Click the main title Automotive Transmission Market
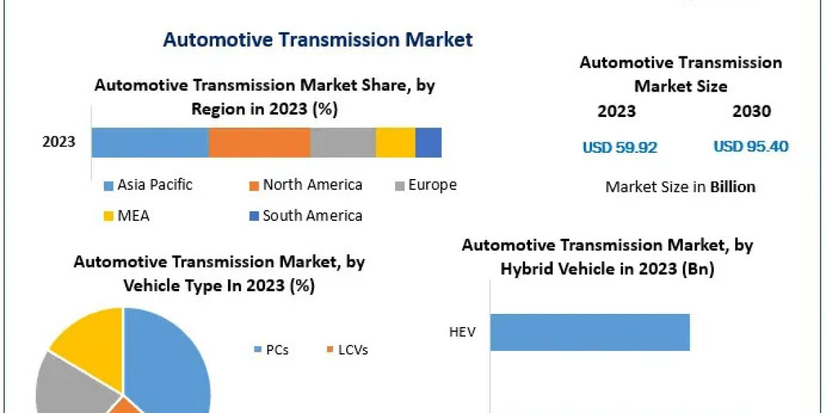click(317, 39)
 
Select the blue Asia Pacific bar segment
click(150, 142)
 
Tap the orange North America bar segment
click(260, 142)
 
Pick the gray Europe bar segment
click(343, 142)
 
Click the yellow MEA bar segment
click(395, 142)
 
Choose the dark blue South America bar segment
click(428, 142)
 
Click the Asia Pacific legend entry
click(148, 185)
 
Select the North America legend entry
click(305, 185)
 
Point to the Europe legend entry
click(425, 185)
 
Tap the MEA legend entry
click(126, 216)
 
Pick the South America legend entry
click(305, 216)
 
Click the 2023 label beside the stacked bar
click(59, 142)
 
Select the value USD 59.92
click(619, 147)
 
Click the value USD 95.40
click(751, 147)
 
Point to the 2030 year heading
click(752, 112)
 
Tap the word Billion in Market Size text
click(732, 187)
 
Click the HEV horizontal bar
click(590, 332)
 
